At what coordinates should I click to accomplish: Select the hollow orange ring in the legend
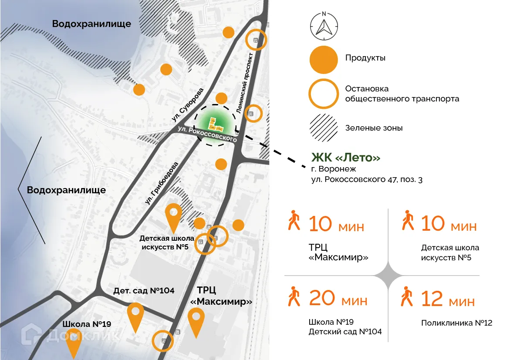[x=323, y=94]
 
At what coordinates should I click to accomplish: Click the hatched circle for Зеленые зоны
[x=323, y=128]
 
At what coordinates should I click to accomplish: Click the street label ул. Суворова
[x=187, y=104]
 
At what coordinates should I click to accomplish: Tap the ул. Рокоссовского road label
[x=207, y=134]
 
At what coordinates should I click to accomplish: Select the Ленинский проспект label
[x=244, y=82]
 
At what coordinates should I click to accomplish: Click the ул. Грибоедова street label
[x=162, y=184]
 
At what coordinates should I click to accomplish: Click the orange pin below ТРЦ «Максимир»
[x=196, y=321]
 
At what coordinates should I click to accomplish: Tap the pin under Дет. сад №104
[x=136, y=316]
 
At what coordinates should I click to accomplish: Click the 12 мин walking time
[x=448, y=299]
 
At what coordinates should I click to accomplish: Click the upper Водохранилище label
[x=91, y=24]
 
